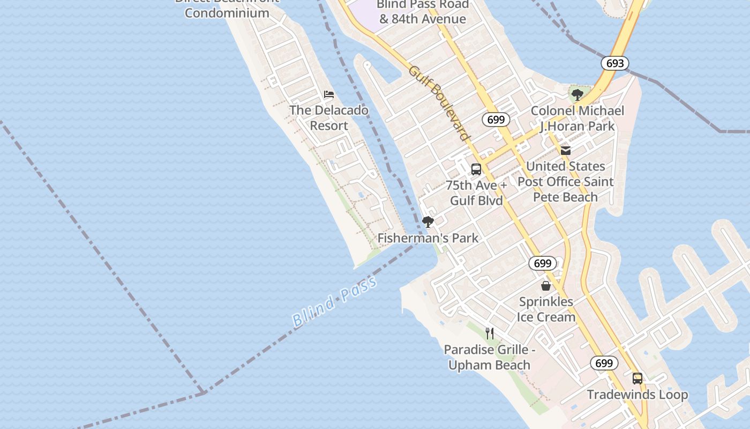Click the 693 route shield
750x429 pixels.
(614, 63)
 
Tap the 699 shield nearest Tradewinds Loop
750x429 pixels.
(604, 363)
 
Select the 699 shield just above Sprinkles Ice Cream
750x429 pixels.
(543, 263)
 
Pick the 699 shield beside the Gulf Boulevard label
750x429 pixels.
(496, 119)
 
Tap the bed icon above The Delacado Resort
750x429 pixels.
(329, 94)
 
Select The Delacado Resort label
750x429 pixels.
(329, 118)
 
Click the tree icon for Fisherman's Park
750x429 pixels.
(427, 221)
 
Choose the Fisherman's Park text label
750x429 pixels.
(428, 238)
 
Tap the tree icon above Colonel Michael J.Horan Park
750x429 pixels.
(577, 95)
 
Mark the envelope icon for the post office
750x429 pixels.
(566, 150)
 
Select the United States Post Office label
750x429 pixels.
(566, 182)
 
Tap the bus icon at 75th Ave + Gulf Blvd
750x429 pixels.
(476, 169)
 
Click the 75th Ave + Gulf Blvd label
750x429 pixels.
(476, 193)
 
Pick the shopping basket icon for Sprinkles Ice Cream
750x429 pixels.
(546, 286)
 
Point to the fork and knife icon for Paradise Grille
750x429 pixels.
(490, 334)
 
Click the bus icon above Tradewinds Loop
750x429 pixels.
(637, 379)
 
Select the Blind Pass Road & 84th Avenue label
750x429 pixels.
(423, 11)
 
